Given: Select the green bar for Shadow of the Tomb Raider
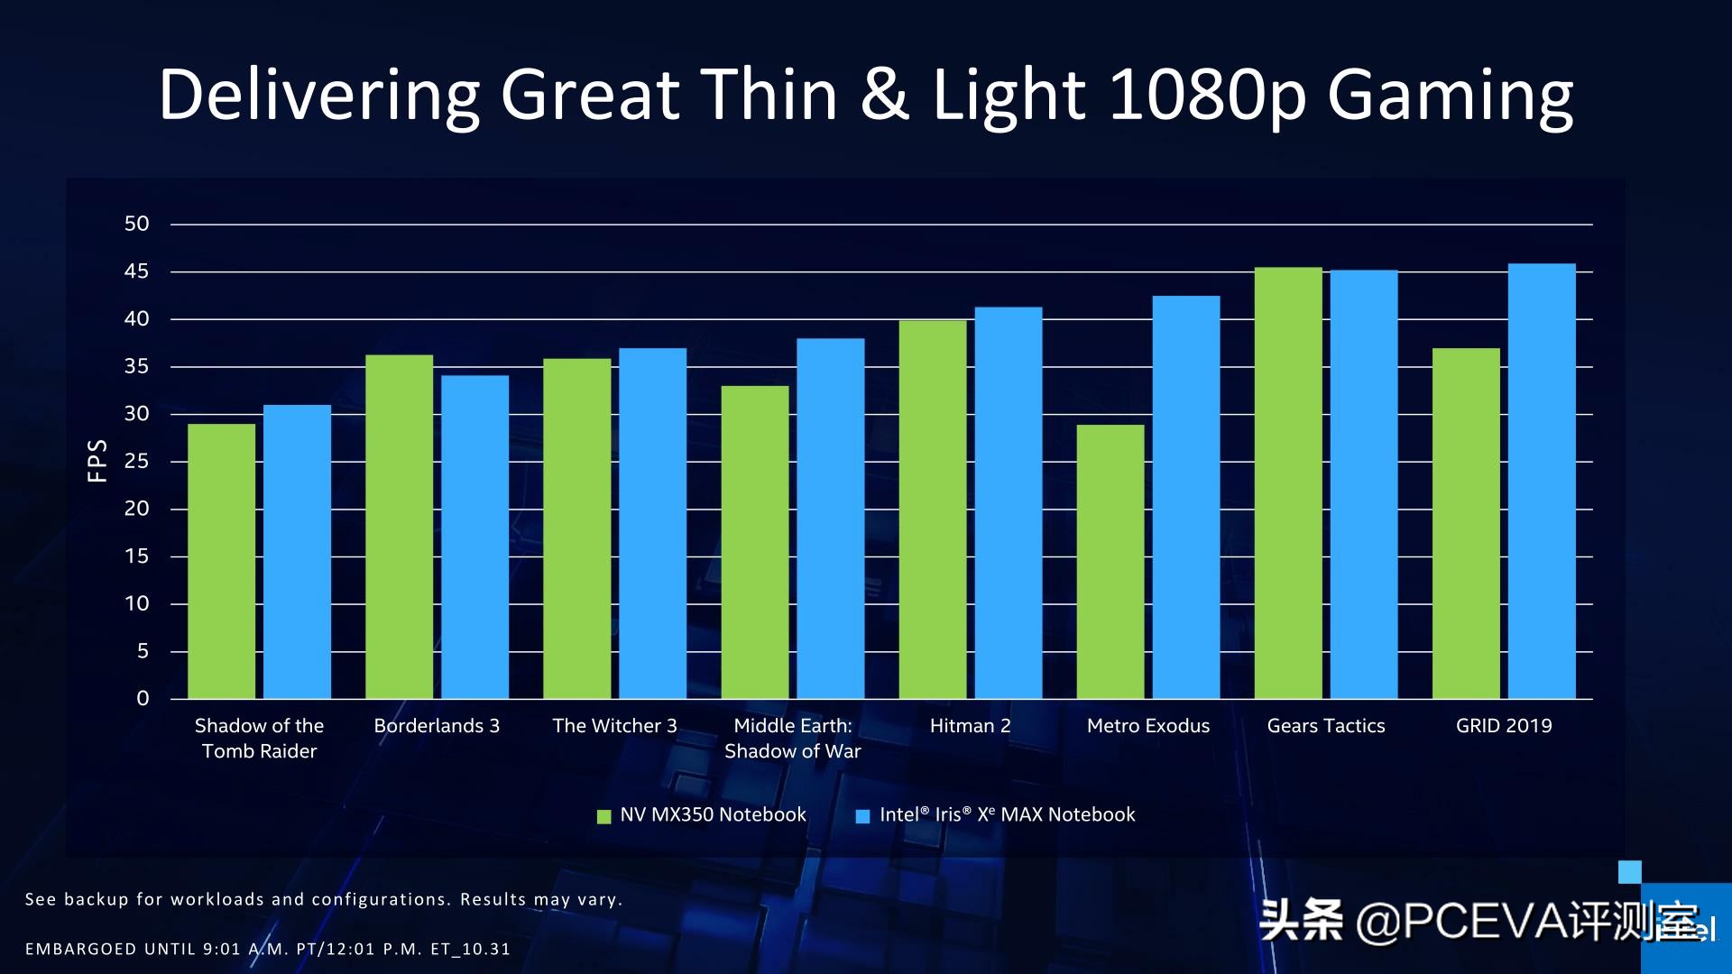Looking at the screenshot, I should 221,561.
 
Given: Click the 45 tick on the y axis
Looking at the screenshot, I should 136,271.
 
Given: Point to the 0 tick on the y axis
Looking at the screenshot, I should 143,698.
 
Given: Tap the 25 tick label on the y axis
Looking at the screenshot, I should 136,461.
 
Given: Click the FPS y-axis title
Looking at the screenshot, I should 97,461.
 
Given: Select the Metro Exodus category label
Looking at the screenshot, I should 1147,726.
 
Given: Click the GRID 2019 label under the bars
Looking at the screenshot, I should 1503,726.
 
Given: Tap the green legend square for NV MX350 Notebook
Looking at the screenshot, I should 604,816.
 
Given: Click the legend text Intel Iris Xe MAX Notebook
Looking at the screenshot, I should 1007,814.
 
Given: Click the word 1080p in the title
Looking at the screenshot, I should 1207,95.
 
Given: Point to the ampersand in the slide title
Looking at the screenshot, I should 884,95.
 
